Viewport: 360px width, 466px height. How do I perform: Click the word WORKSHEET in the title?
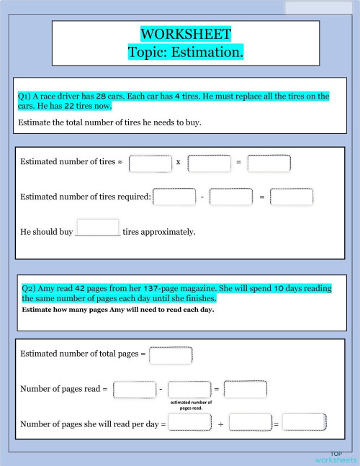point(186,34)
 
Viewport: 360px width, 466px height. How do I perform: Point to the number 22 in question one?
point(72,107)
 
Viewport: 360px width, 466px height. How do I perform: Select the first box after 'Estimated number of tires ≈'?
point(150,163)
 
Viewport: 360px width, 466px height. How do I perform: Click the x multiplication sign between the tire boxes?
point(178,163)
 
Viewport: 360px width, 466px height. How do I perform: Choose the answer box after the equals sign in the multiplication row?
point(269,163)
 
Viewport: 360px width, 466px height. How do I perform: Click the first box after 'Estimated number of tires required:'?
point(174,197)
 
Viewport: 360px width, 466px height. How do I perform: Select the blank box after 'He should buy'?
point(97,228)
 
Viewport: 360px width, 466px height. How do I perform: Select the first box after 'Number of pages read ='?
point(135,390)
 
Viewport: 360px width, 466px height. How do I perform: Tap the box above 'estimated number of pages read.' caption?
point(189,390)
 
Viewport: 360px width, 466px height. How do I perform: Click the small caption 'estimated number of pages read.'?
point(192,405)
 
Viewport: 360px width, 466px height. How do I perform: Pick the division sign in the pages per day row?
point(220,425)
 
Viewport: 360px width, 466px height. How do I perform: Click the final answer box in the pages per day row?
point(305,424)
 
